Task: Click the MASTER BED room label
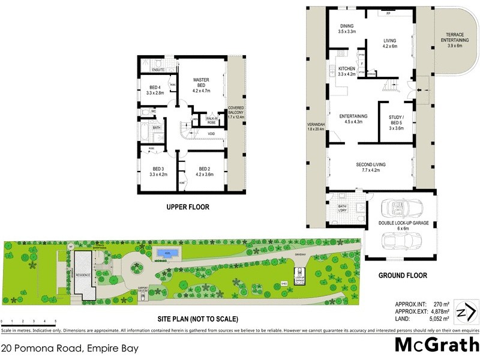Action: (x=200, y=85)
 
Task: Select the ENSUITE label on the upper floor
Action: (x=158, y=70)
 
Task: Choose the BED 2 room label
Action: (x=204, y=172)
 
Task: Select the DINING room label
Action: (x=347, y=28)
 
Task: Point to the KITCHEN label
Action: (x=347, y=72)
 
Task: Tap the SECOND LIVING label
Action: (x=370, y=167)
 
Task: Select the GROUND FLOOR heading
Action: (x=403, y=276)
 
